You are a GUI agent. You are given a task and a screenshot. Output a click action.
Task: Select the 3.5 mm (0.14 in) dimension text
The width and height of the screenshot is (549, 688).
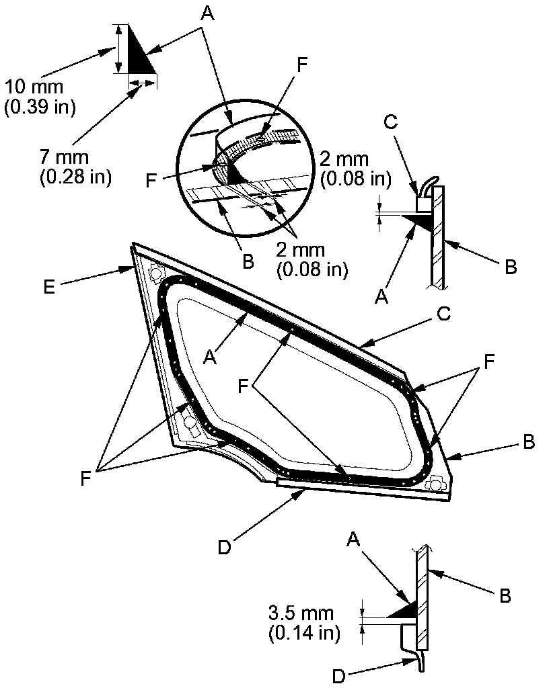click(x=303, y=622)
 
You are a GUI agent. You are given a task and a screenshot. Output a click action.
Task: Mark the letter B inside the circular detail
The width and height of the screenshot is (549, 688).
click(x=248, y=262)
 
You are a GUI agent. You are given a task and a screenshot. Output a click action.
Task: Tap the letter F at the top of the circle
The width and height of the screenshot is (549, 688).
click(x=302, y=66)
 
